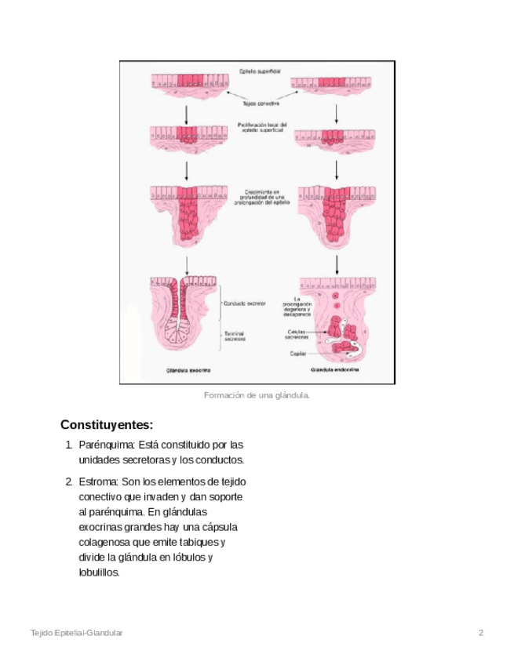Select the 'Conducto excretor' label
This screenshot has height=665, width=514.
pos(244,303)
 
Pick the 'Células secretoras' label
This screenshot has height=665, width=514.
pos(297,334)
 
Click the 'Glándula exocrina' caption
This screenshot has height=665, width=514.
pos(188,369)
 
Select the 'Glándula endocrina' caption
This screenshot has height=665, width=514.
pos(335,369)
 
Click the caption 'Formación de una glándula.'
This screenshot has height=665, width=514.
pos(257,395)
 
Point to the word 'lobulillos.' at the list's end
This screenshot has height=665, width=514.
pos(100,572)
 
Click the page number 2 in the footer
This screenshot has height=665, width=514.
pos(480,632)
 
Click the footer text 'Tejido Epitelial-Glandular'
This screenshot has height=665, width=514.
pos(76,632)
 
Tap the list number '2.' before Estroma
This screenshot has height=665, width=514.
pos(69,481)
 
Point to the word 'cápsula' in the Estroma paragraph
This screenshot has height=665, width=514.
pos(220,527)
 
